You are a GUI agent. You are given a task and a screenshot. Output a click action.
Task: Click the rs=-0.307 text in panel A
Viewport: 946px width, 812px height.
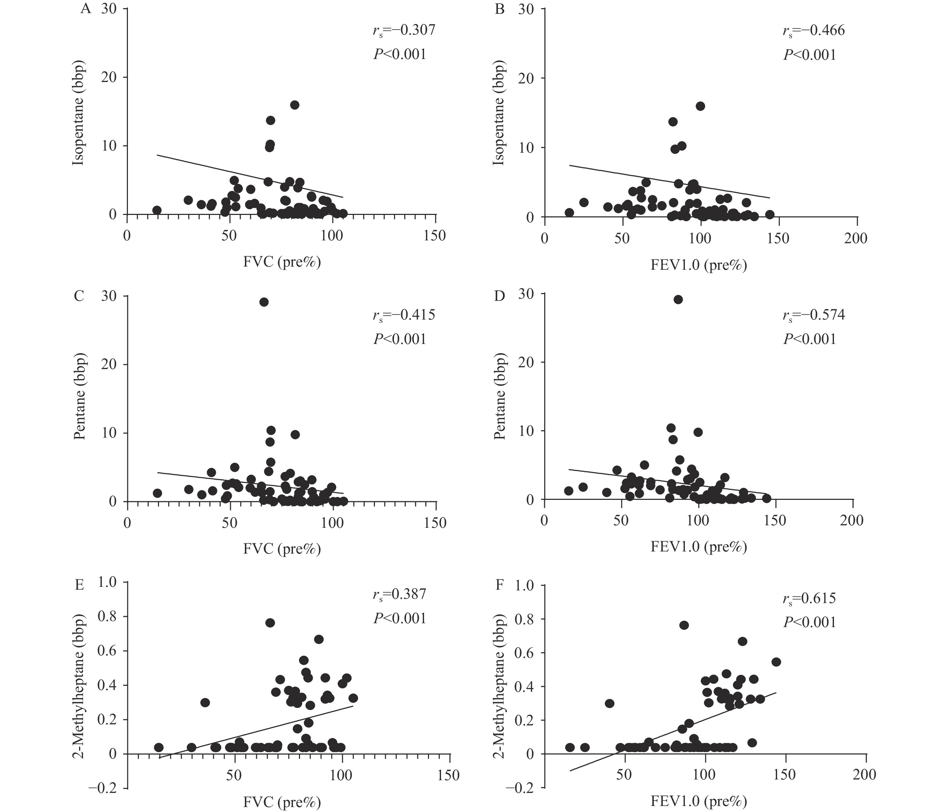(404, 31)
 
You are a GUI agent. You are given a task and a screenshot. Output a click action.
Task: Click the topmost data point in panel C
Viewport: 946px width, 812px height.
(264, 302)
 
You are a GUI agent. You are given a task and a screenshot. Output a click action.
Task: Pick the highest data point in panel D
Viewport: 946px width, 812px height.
(678, 299)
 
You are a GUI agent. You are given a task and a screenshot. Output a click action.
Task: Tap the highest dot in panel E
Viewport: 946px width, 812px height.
(270, 623)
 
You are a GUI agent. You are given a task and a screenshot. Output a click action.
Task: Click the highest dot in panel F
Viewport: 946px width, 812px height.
(684, 625)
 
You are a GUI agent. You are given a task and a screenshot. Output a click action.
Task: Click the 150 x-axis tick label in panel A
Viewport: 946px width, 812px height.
(435, 236)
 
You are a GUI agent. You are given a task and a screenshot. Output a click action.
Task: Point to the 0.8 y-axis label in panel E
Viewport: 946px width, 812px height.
(107, 617)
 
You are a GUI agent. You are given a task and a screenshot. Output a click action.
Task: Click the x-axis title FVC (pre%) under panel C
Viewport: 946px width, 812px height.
(282, 549)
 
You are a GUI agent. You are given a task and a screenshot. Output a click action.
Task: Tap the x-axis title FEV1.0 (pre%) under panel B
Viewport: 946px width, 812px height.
(699, 265)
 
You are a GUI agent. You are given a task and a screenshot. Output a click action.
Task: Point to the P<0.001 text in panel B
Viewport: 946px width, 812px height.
(810, 55)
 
